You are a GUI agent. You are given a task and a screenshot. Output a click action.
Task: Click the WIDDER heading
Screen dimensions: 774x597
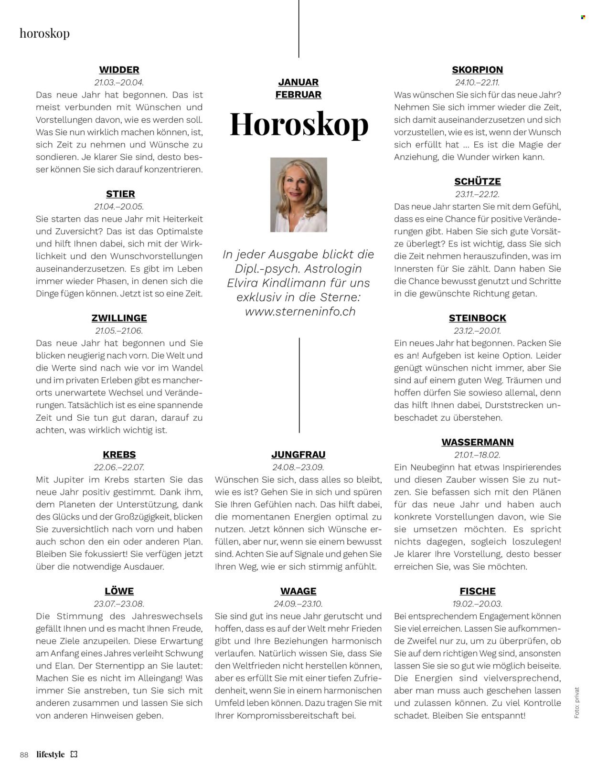(119, 70)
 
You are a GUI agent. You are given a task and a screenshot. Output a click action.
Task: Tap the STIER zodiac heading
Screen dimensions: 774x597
(120, 194)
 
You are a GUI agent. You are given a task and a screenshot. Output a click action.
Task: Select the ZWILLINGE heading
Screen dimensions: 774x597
(119, 318)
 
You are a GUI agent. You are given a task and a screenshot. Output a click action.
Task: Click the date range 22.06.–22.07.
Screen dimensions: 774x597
(119, 467)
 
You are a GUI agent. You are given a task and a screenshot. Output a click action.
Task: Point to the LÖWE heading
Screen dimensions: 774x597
(119, 591)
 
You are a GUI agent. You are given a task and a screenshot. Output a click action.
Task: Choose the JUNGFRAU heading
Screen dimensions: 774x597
(298, 455)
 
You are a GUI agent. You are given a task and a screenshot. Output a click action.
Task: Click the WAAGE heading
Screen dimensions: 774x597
(298, 591)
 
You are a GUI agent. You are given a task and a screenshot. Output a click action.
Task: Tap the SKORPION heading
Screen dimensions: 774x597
(478, 70)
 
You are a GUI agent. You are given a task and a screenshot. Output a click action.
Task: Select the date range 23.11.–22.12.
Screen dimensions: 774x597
(478, 194)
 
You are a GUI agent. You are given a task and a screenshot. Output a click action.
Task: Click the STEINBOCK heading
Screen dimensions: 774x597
(478, 318)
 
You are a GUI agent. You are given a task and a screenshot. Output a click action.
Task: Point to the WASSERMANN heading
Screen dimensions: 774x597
(478, 442)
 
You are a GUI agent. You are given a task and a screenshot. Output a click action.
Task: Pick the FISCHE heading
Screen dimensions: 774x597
(478, 591)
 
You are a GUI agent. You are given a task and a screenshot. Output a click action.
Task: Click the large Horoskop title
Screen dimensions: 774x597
(299, 124)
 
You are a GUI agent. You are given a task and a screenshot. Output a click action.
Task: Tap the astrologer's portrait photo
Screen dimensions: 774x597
(298, 195)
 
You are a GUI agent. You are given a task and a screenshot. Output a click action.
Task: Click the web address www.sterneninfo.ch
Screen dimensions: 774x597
(300, 311)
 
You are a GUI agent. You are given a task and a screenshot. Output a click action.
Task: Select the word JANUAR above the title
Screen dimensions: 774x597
(298, 82)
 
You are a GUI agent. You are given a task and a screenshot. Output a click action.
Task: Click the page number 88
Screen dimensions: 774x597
(24, 755)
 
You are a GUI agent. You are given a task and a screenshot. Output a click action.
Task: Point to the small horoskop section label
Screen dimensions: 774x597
(44, 33)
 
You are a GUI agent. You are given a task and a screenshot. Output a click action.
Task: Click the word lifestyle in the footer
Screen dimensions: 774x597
(50, 754)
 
